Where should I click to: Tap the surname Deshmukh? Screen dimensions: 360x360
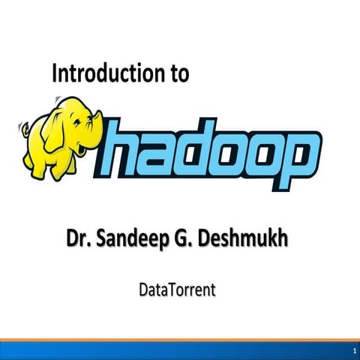247,241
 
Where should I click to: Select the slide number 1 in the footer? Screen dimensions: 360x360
352,351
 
